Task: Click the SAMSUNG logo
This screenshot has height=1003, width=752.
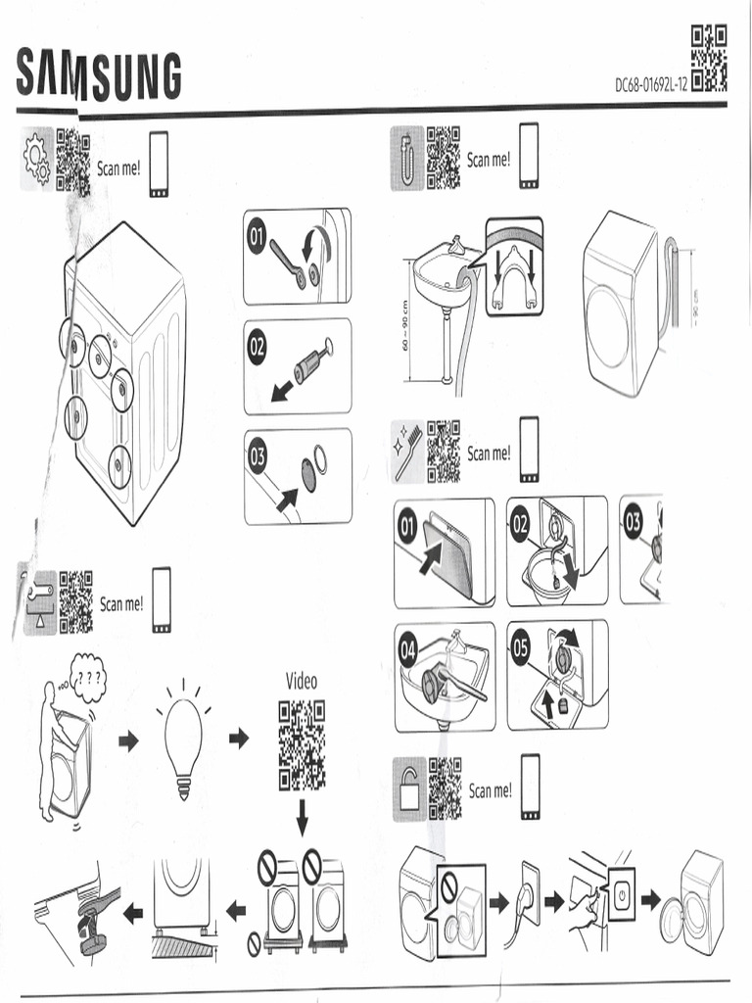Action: (x=99, y=74)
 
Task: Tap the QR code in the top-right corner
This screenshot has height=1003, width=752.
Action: (x=709, y=58)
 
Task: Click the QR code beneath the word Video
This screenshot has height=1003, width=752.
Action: (x=301, y=745)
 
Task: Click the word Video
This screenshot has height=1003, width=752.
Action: (x=301, y=681)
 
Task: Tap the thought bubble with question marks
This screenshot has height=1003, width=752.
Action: (x=89, y=679)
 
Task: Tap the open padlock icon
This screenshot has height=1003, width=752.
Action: (x=409, y=788)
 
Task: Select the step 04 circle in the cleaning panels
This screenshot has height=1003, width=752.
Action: (x=408, y=649)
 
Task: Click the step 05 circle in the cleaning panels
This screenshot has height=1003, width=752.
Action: (x=522, y=645)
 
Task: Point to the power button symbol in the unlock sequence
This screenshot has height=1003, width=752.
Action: (x=623, y=893)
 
